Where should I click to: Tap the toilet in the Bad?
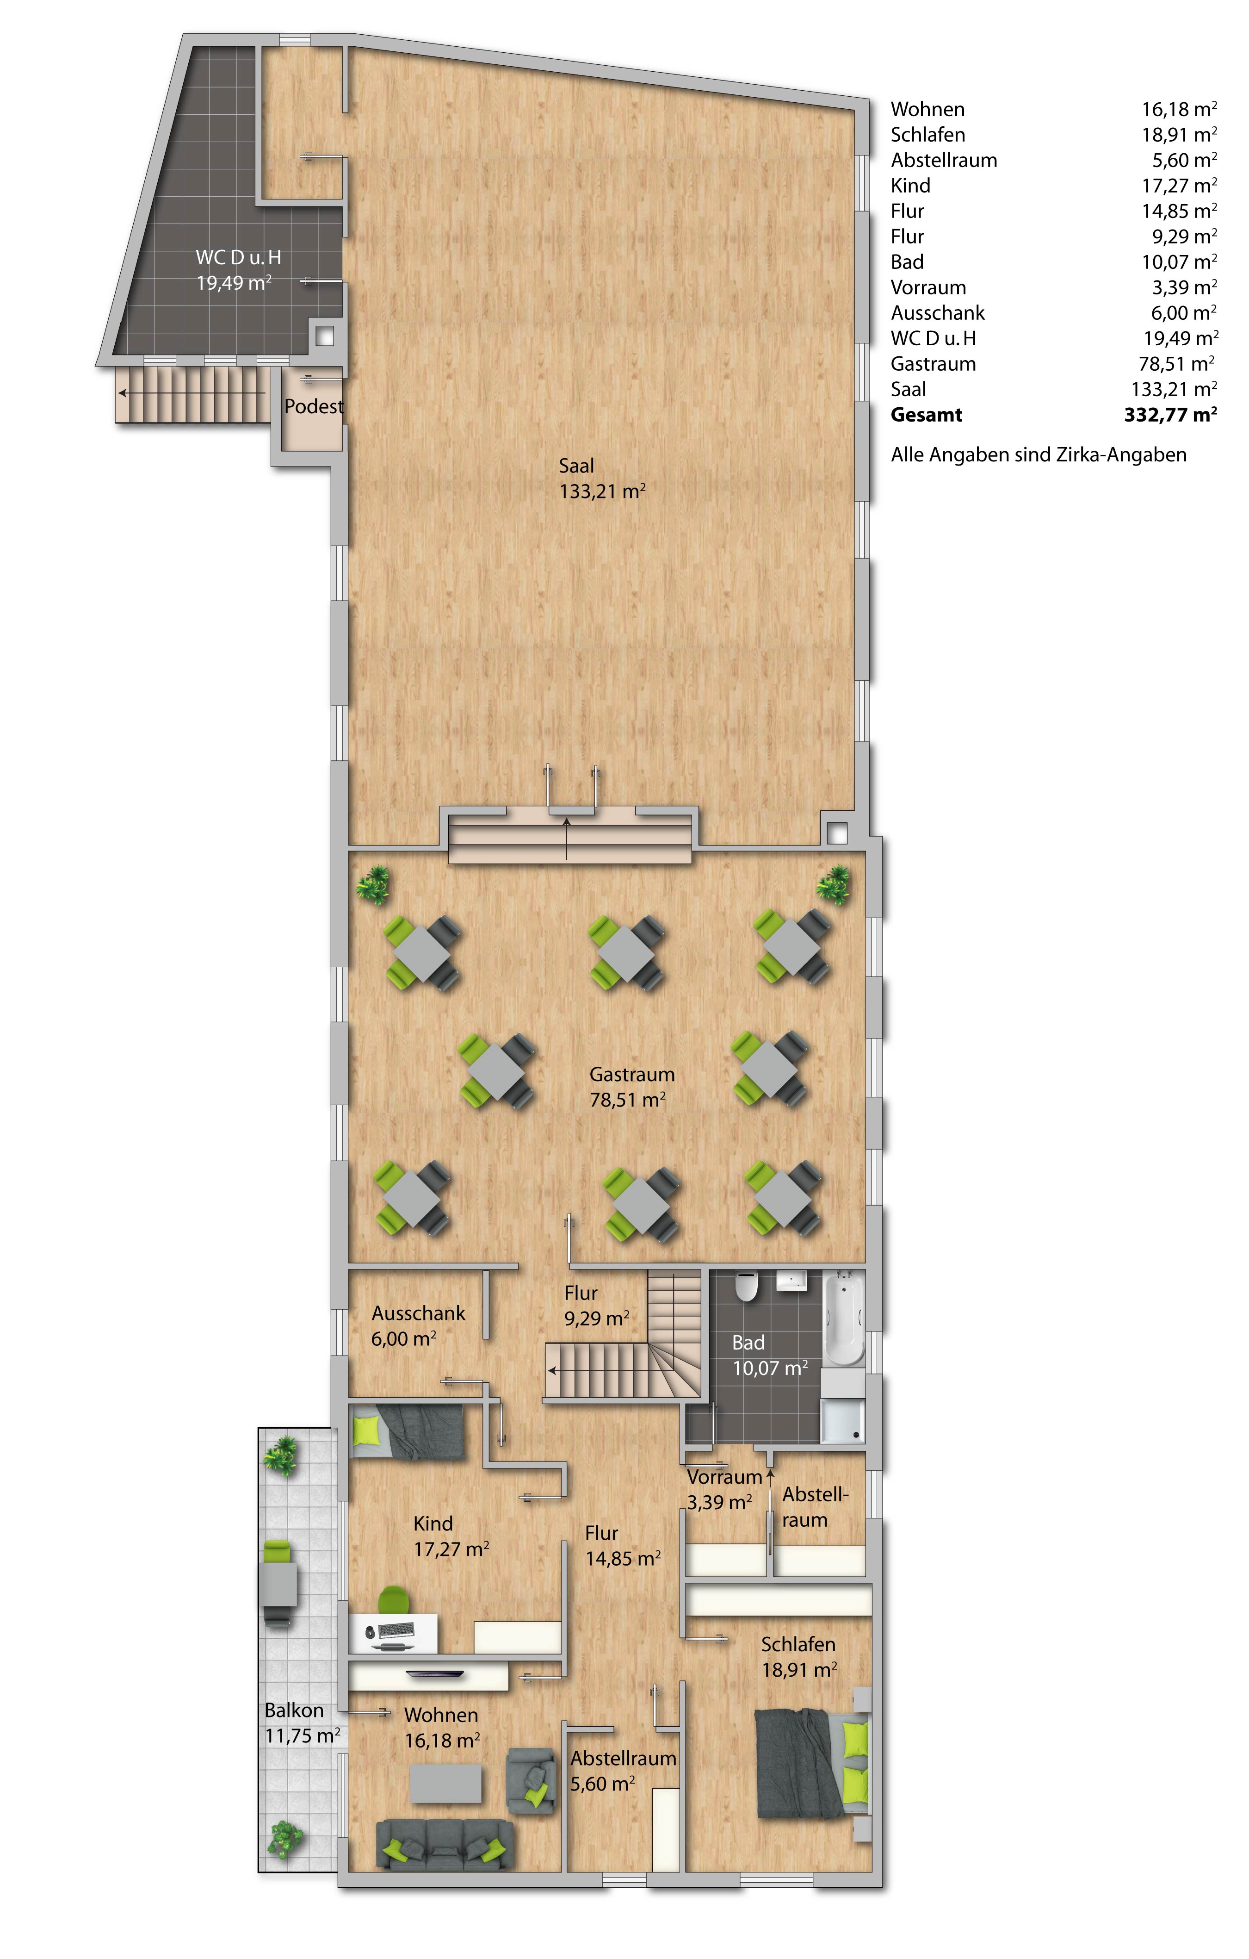[x=746, y=1286]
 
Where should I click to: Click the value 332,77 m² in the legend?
[x=1170, y=415]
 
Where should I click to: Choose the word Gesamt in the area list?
[x=926, y=415]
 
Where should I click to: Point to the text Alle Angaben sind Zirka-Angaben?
[x=1039, y=455]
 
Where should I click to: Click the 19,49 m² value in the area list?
[x=1180, y=338]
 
